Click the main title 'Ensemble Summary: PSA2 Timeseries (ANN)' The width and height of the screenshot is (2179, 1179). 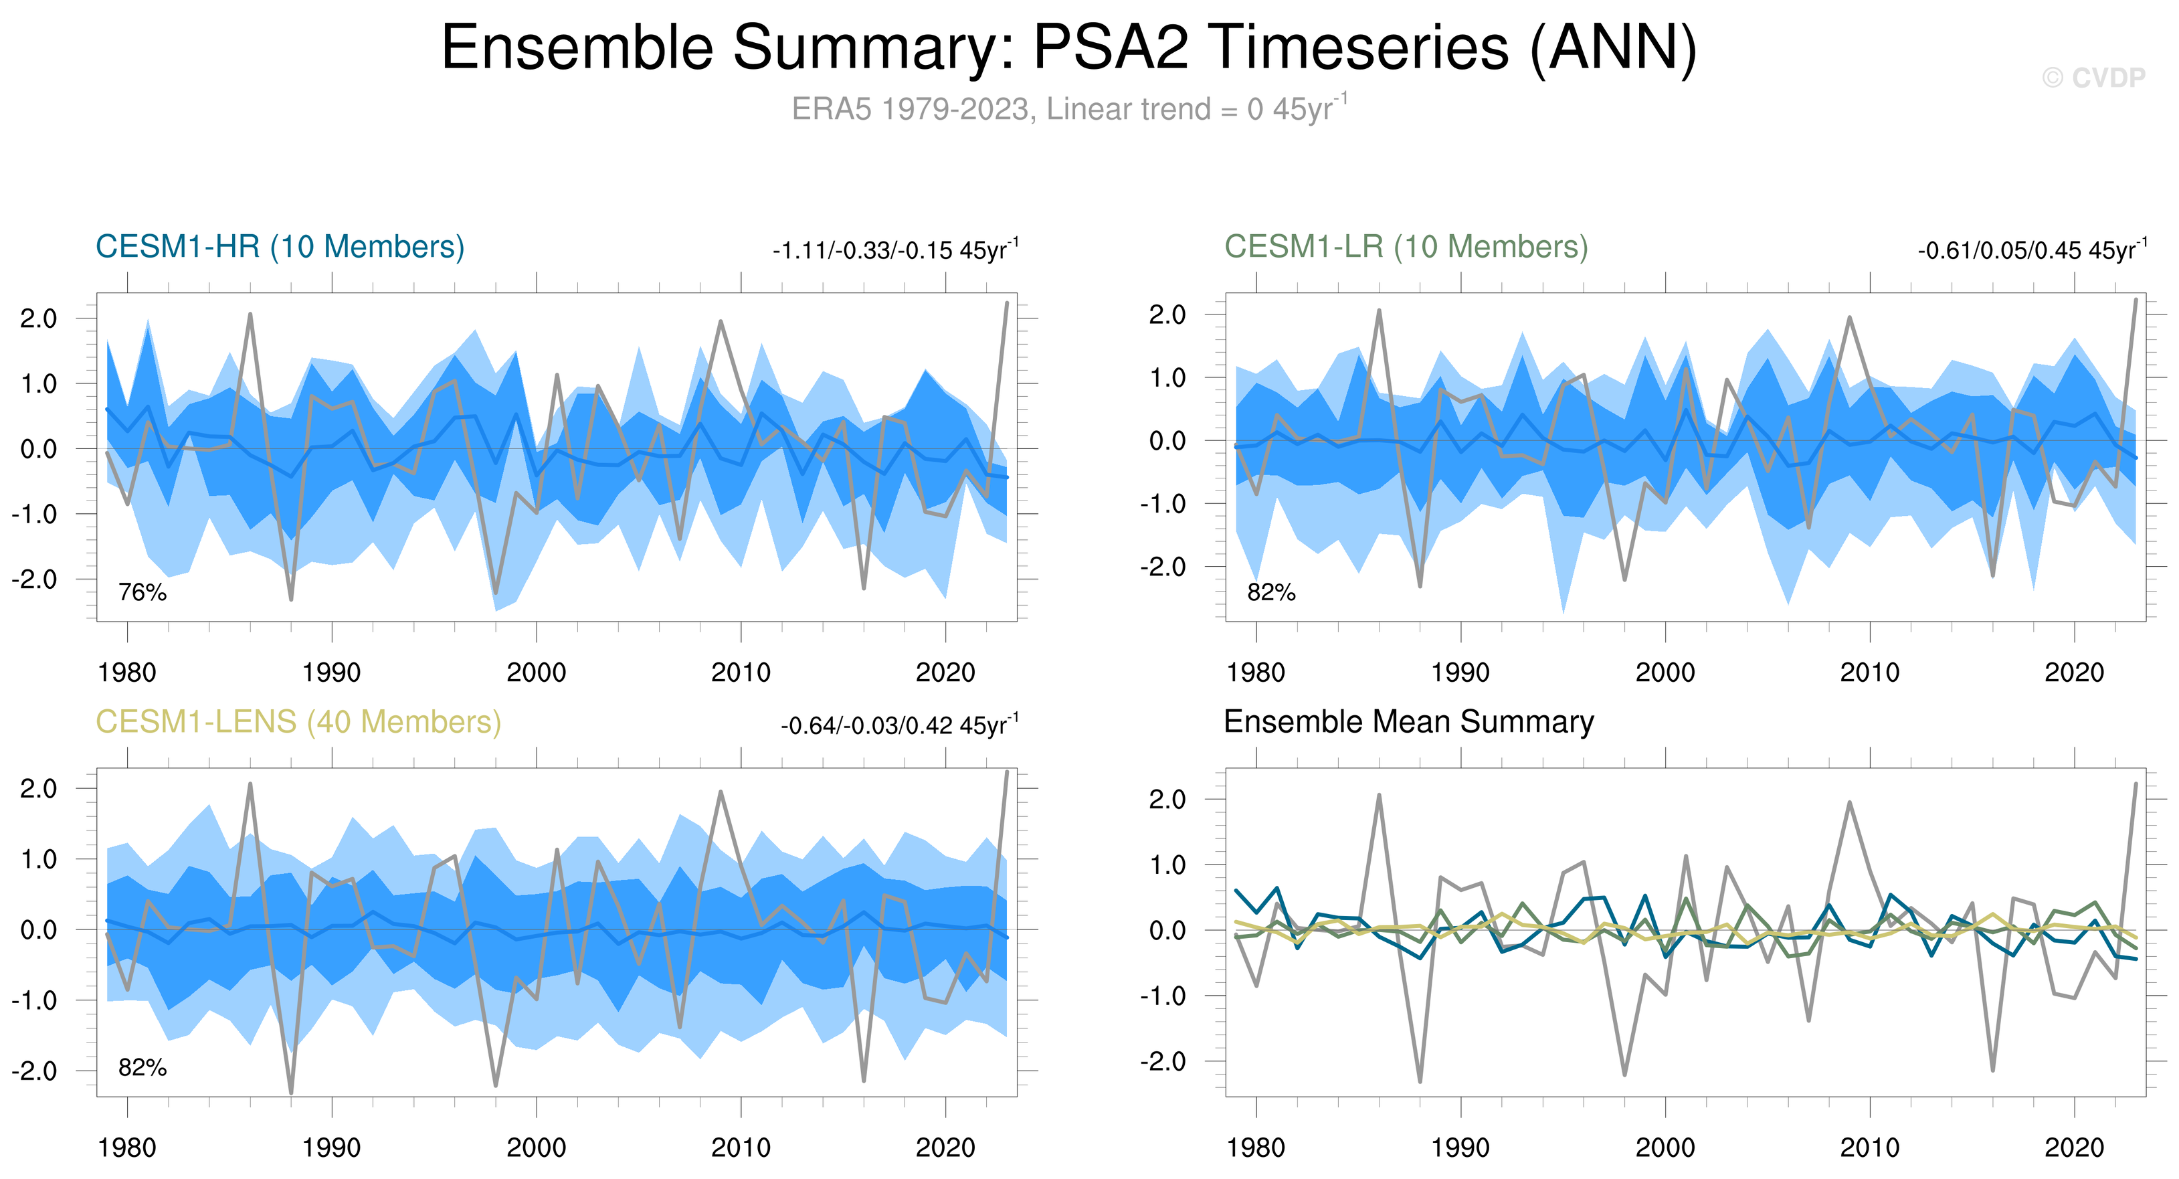coord(1068,48)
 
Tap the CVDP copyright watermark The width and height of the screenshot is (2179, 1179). coord(2093,78)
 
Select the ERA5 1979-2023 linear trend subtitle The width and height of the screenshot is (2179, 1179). coord(1068,109)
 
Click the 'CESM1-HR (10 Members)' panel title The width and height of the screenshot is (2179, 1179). coord(280,247)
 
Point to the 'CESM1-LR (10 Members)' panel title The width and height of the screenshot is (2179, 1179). coord(1406,247)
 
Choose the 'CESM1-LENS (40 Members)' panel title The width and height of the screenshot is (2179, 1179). coord(298,722)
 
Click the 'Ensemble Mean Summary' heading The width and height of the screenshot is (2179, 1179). coord(1408,722)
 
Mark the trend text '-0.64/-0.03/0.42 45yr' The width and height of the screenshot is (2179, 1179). coord(898,726)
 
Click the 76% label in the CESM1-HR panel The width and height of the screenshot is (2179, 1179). coord(142,592)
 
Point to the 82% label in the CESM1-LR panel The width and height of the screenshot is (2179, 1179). coord(1271,592)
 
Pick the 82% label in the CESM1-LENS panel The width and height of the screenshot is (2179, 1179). coord(142,1067)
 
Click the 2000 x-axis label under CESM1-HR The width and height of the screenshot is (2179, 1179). coord(537,673)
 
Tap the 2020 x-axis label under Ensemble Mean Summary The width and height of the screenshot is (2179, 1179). coord(2074,1148)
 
